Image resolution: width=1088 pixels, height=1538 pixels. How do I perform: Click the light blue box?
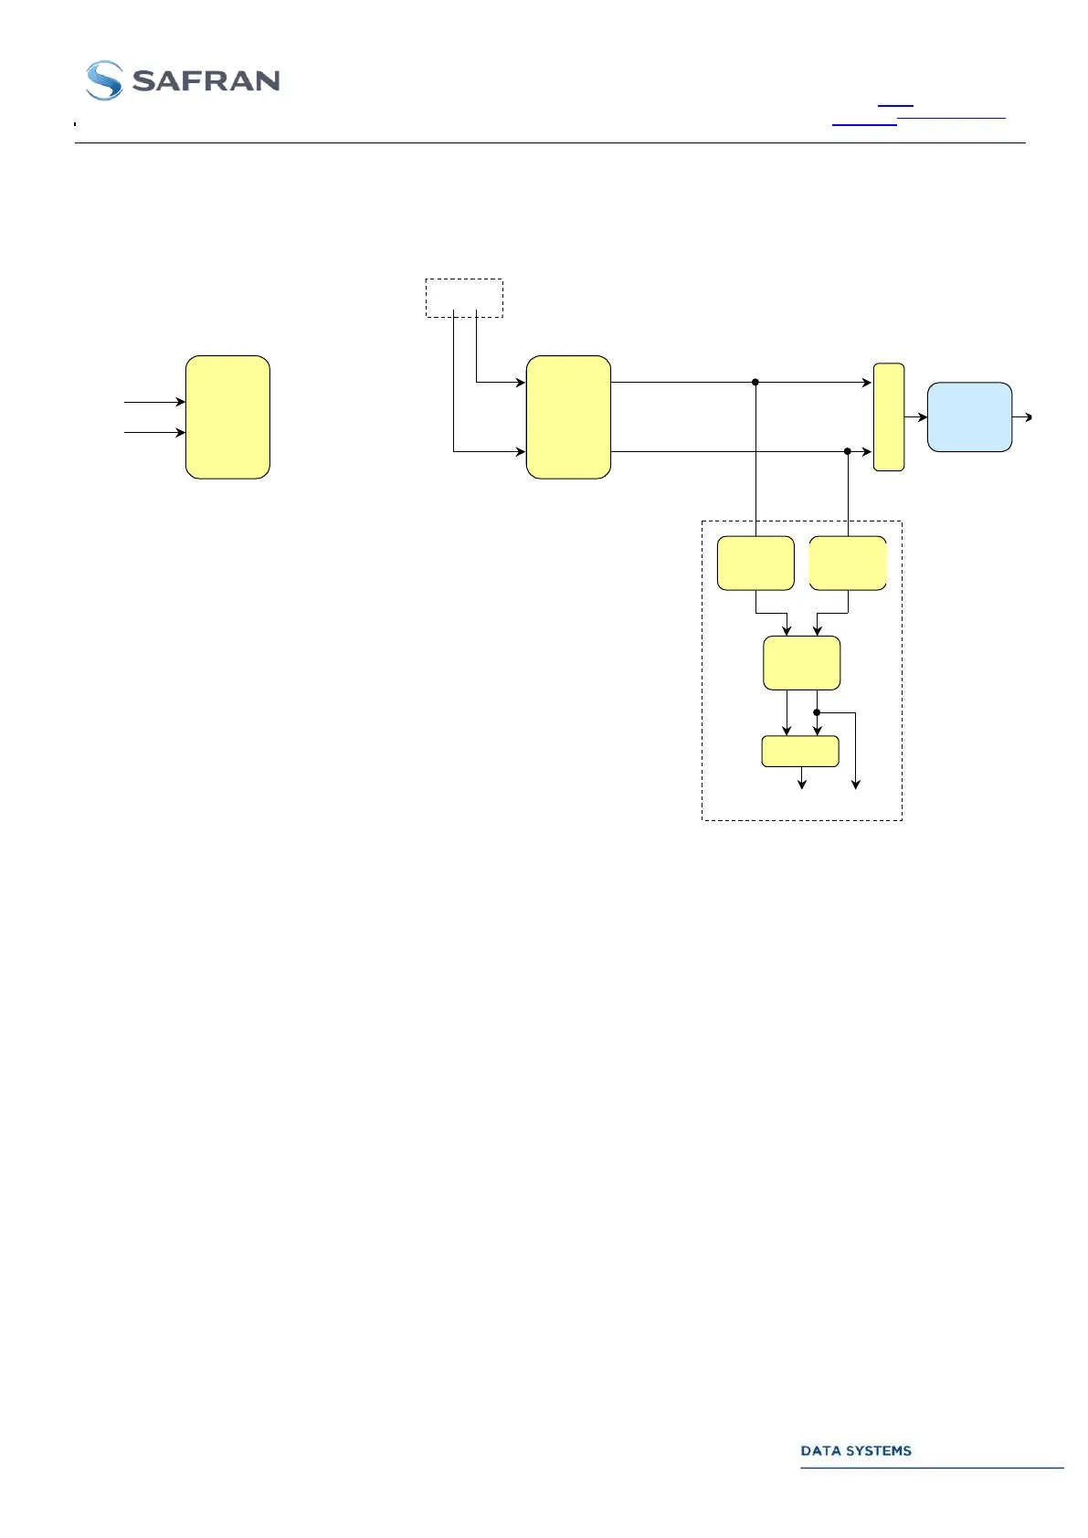[x=969, y=417]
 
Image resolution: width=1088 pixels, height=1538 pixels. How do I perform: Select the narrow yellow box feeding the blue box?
[x=889, y=417]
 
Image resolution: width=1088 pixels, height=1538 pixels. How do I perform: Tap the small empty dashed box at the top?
[x=464, y=298]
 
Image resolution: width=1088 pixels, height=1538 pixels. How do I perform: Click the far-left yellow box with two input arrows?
[x=227, y=417]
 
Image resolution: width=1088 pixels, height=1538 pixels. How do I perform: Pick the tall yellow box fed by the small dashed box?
[x=568, y=417]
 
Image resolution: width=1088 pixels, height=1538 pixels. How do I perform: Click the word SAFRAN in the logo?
[x=206, y=81]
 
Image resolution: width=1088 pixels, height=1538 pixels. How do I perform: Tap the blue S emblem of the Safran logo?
[x=104, y=80]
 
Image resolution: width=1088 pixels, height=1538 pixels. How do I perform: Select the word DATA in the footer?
[x=819, y=1450]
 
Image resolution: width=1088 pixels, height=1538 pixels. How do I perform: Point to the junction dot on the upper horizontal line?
[x=755, y=383]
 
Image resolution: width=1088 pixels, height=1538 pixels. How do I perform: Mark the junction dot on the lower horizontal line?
[x=848, y=451]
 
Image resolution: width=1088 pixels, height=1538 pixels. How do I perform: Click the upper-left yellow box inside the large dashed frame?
[x=755, y=564]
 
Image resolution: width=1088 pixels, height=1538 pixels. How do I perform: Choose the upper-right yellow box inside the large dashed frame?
[x=848, y=564]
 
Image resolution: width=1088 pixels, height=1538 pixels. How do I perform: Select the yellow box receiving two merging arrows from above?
[x=801, y=663]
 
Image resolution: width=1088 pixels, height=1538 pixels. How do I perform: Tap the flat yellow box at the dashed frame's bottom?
[x=800, y=752]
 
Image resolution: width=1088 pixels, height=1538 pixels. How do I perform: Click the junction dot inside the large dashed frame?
[x=817, y=712]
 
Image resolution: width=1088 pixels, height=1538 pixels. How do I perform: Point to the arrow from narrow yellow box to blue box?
[x=916, y=417]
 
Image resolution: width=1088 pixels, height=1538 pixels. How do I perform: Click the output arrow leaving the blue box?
[x=1023, y=417]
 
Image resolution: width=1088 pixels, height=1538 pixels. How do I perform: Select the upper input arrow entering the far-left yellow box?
[x=155, y=402]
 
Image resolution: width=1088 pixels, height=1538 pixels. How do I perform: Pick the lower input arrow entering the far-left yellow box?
[x=155, y=432]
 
